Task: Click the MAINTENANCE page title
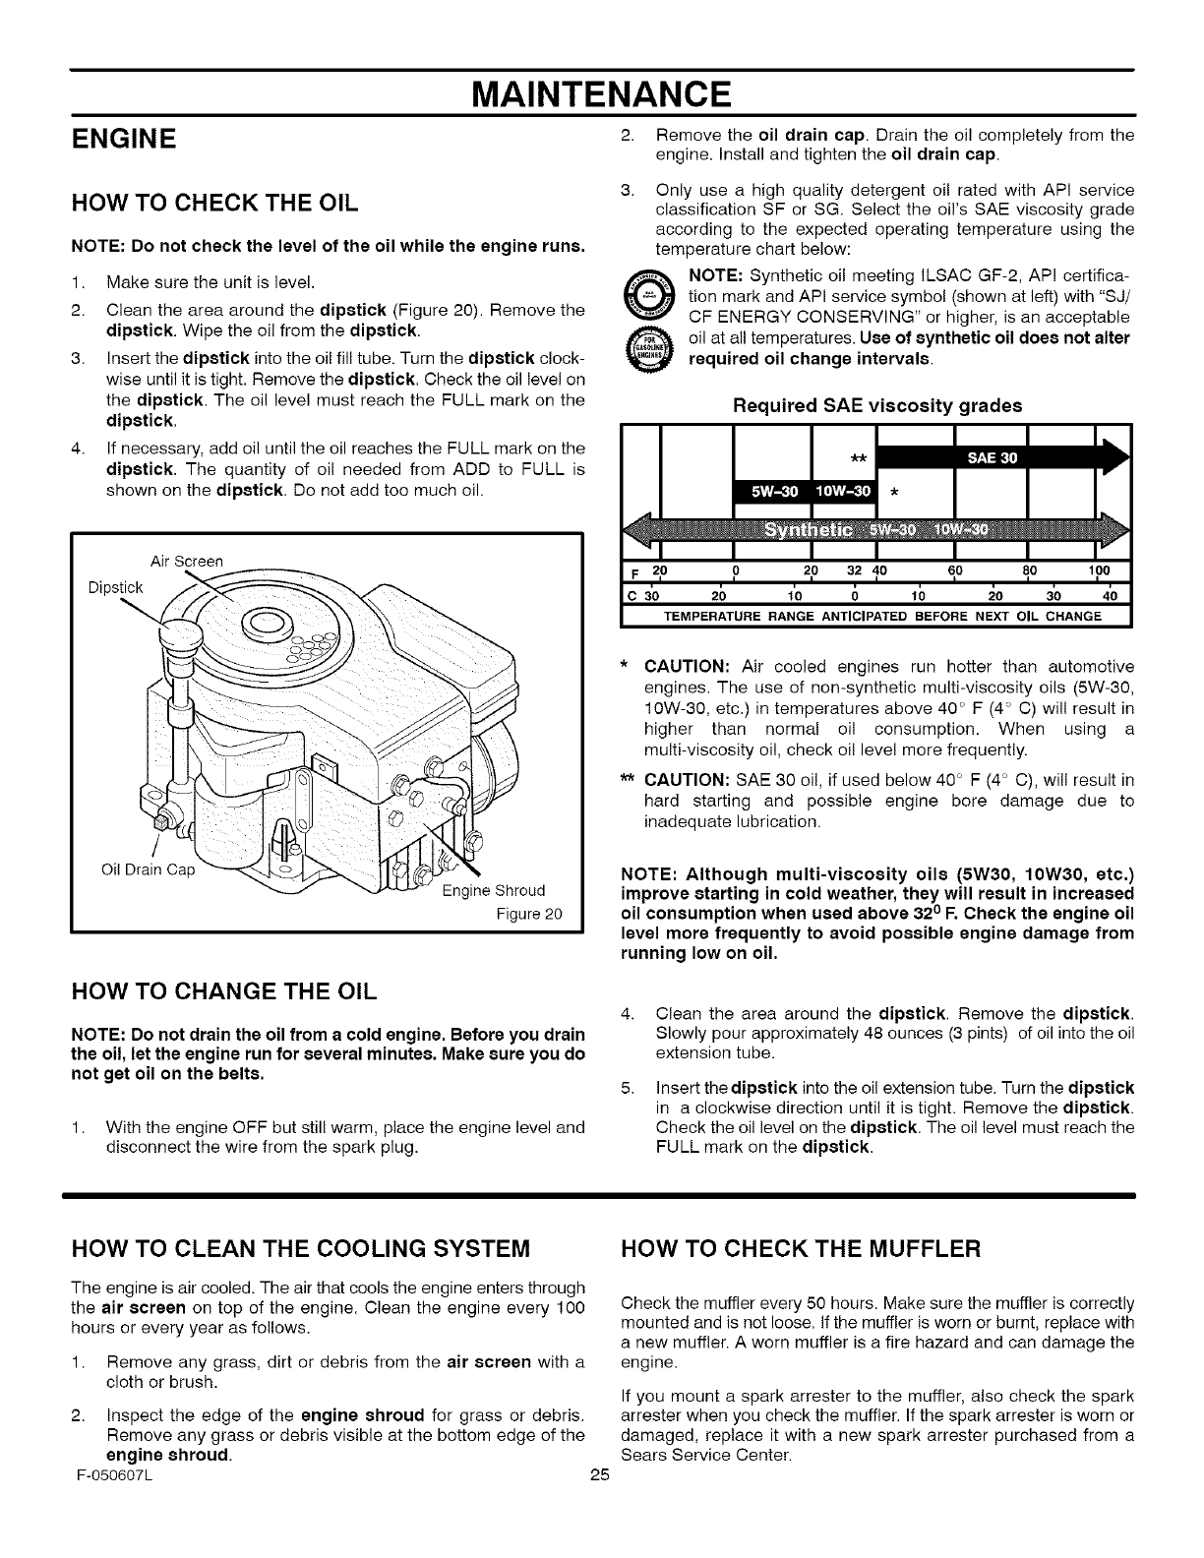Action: tap(602, 94)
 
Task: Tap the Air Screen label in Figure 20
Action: tap(186, 561)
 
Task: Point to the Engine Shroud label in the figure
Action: tap(493, 891)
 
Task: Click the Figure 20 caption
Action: tap(528, 914)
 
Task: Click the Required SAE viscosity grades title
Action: tap(877, 405)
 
